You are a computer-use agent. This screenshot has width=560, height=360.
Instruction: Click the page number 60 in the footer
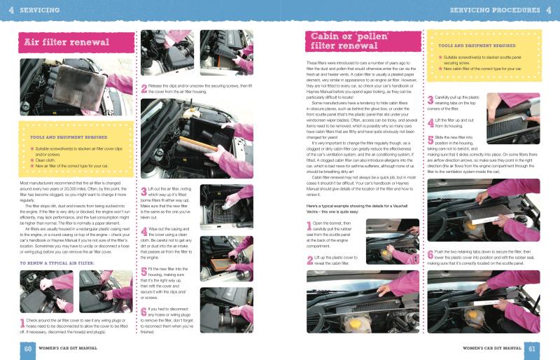click(x=28, y=348)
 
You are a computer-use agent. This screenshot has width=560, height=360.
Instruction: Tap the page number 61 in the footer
click(x=532, y=348)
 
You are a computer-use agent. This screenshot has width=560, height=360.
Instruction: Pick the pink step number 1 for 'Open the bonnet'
click(x=310, y=226)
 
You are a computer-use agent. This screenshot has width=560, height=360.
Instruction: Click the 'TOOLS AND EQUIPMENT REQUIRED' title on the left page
click(x=69, y=137)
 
